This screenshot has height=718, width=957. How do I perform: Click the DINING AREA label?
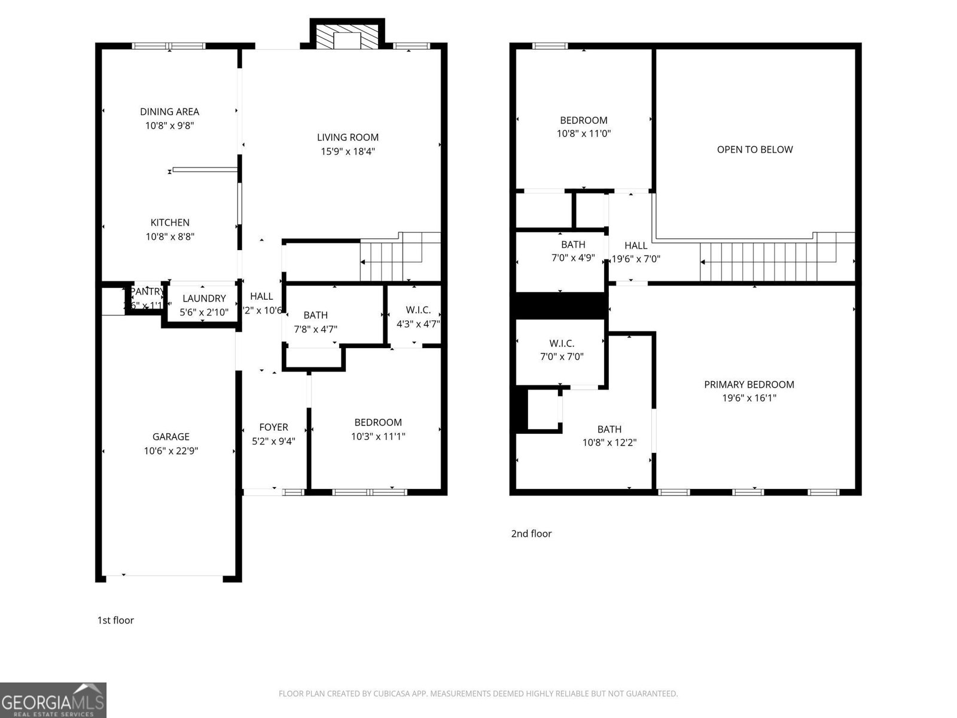coord(169,112)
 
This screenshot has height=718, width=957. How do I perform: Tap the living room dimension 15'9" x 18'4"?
coord(348,151)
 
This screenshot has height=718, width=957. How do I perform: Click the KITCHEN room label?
coord(170,223)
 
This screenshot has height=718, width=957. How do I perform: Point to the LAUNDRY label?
coord(204,299)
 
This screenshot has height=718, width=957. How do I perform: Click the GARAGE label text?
coord(170,437)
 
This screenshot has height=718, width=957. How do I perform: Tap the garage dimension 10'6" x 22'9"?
coord(170,451)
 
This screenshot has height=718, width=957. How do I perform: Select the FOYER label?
coord(273,427)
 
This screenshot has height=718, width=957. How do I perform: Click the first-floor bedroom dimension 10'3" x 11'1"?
coord(378,437)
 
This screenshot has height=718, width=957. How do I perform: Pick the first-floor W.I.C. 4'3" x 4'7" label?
coord(418,317)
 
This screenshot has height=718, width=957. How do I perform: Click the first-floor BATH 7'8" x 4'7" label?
coord(315,322)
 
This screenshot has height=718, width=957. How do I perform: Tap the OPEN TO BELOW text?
coord(755,150)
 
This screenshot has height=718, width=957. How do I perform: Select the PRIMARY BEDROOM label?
coord(749,385)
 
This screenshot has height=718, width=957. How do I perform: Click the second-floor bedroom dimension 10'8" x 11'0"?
coord(583,134)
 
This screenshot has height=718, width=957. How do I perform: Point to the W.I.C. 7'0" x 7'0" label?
coord(562,350)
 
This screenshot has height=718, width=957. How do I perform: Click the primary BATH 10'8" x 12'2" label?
coord(609,436)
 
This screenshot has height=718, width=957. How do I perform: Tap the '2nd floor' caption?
coord(531,534)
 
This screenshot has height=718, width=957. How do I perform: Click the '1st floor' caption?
coord(115,620)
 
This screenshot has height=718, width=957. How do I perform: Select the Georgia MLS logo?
coord(53,700)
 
